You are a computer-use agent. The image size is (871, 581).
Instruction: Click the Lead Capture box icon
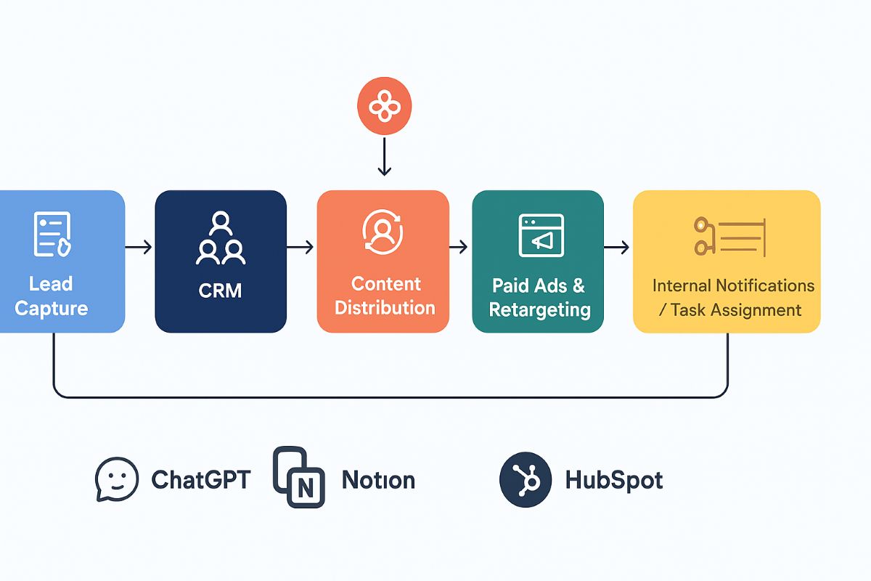click(x=52, y=235)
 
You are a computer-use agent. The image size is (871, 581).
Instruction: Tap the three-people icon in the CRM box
click(x=220, y=238)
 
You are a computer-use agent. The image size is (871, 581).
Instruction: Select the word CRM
click(x=220, y=290)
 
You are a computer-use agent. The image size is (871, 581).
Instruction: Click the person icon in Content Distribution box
click(x=383, y=232)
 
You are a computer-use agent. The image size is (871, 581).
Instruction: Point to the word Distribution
click(x=385, y=307)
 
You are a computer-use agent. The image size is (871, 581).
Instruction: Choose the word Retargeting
click(x=539, y=309)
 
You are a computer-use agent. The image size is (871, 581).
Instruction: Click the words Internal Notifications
click(x=733, y=285)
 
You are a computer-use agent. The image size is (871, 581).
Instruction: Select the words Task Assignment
click(x=735, y=310)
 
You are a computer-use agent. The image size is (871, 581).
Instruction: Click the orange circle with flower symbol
click(x=384, y=108)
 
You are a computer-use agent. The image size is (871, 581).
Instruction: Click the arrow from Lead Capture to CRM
click(x=139, y=248)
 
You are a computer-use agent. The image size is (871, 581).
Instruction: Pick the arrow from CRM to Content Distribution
click(x=301, y=248)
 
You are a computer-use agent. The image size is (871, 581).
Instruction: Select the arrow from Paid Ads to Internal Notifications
click(x=617, y=248)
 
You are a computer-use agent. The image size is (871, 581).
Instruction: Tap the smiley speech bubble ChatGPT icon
click(x=116, y=479)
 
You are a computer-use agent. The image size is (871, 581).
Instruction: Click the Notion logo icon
click(x=298, y=477)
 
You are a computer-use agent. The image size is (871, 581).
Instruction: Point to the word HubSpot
click(x=613, y=480)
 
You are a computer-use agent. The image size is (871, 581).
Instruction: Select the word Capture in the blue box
click(x=51, y=308)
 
